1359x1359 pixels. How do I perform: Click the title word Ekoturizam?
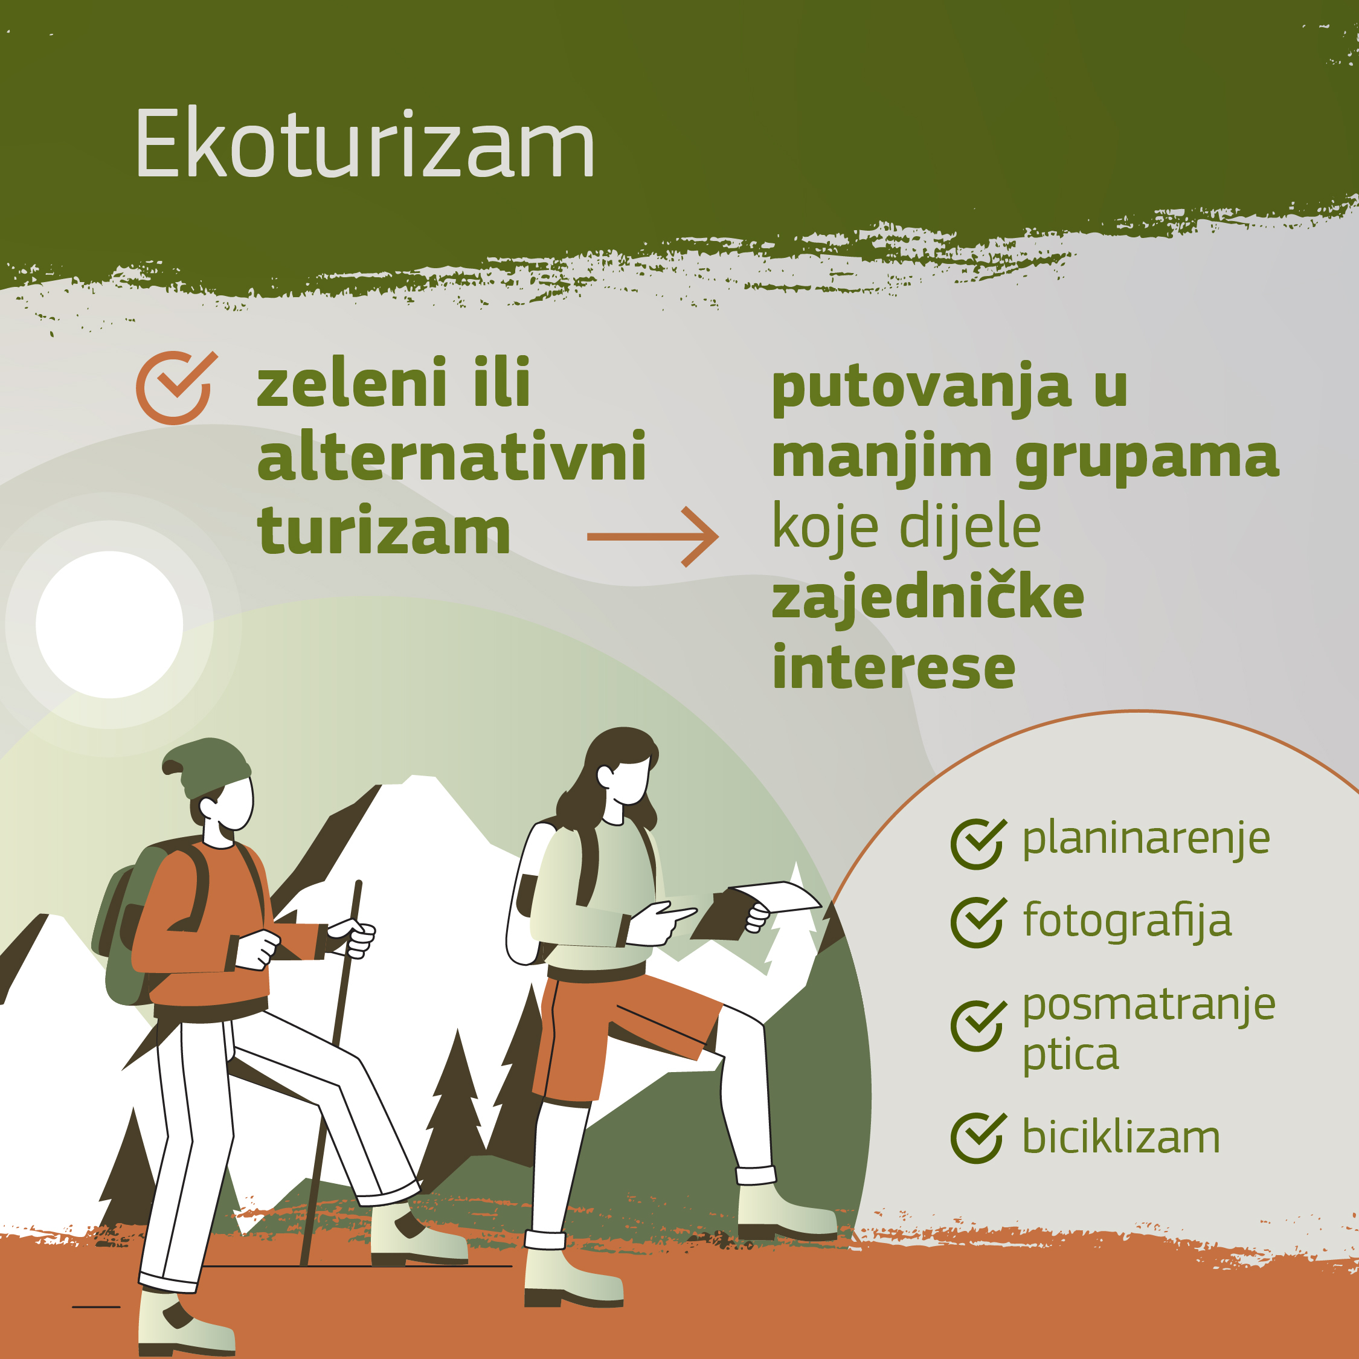tap(365, 144)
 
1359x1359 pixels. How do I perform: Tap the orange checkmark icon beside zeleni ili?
tap(176, 388)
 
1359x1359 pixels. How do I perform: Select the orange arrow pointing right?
tap(652, 537)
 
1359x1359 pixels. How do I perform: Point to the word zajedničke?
tap(928, 598)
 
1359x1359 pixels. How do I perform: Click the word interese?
tap(893, 667)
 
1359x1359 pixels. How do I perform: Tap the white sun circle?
tap(109, 625)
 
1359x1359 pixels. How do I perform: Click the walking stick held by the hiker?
tap(332, 1069)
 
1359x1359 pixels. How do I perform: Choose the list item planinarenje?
tap(1146, 839)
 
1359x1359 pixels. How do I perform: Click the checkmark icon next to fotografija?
tap(978, 922)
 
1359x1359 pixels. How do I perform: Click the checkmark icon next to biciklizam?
tap(978, 1137)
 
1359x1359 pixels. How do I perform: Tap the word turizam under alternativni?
tap(384, 531)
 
